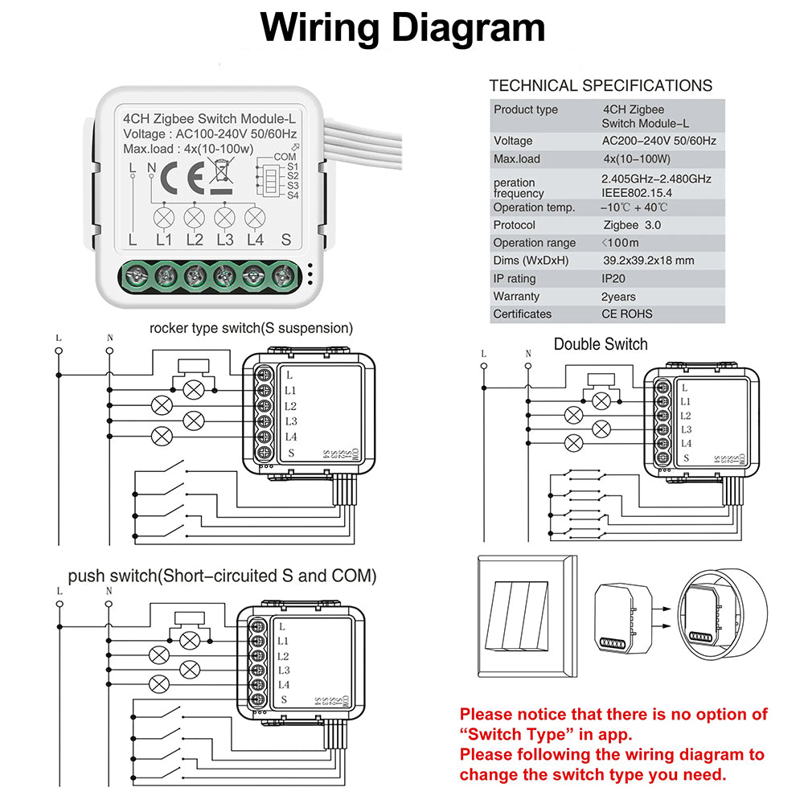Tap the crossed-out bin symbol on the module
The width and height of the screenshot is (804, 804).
[220, 174]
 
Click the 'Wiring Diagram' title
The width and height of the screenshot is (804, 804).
[403, 28]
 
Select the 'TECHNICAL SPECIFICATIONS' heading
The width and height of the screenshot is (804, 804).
[601, 85]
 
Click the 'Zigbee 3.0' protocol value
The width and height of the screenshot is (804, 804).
[632, 225]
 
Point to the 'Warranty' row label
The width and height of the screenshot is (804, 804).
[516, 297]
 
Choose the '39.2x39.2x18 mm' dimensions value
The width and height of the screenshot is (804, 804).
[648, 260]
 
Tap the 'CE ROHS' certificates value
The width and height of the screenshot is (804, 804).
[627, 314]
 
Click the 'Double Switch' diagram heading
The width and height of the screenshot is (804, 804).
[601, 344]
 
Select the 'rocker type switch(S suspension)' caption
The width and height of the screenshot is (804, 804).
[251, 328]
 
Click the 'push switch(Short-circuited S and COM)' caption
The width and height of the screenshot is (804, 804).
[222, 576]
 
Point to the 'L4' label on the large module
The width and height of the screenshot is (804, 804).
[255, 240]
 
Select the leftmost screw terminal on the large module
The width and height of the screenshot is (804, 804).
[136, 275]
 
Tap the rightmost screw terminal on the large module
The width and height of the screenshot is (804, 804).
[281, 275]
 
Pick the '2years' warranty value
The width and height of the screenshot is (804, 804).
[618, 297]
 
